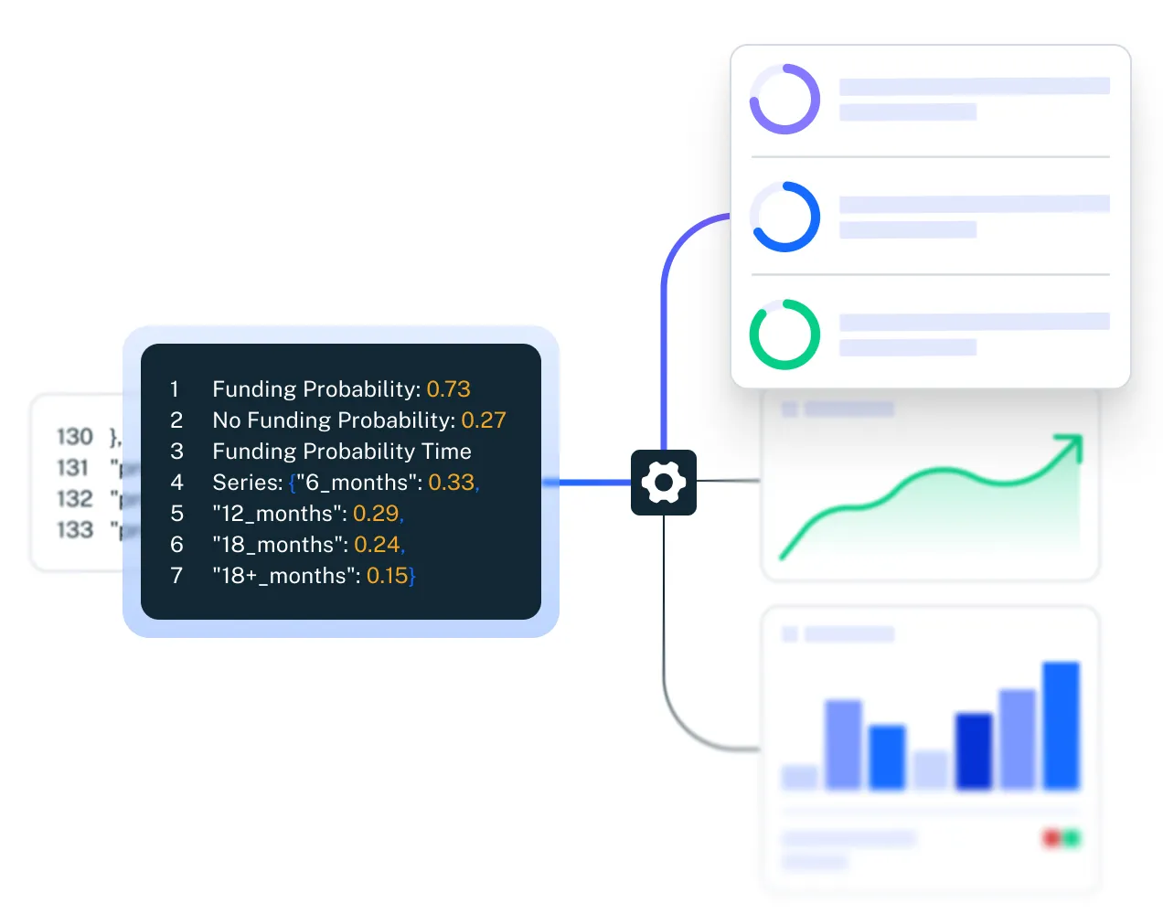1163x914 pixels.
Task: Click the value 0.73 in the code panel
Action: pos(448,389)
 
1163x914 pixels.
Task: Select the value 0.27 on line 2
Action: pos(483,420)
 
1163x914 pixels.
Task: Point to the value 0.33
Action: pos(452,483)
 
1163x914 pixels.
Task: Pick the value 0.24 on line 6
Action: pos(377,545)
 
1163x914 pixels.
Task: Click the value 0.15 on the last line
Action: pos(387,576)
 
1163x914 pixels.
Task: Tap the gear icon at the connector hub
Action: pos(664,483)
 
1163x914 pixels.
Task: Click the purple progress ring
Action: pos(784,99)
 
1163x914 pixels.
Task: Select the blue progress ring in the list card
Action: pos(784,217)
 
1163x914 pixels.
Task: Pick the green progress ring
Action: pos(784,335)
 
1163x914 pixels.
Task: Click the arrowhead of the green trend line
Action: pos(1071,445)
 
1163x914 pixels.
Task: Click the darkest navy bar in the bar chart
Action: pos(973,750)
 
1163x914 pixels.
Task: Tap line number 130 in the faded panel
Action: pos(75,437)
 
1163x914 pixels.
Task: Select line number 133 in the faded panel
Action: pos(75,530)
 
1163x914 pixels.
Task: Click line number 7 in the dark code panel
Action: pos(176,576)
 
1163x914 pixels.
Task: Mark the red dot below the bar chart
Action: pos(1052,837)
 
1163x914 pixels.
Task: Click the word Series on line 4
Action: pos(245,483)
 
